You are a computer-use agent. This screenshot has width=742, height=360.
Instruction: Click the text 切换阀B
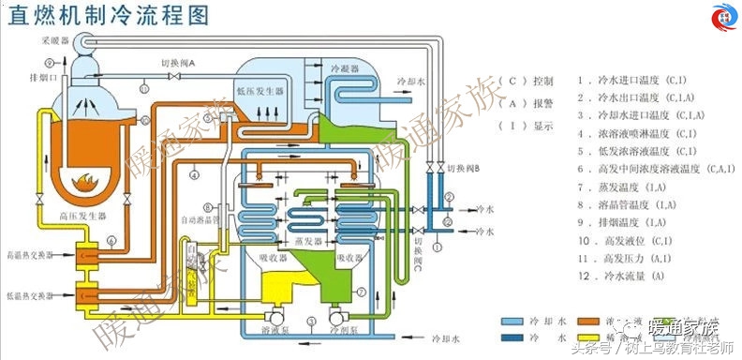pyautogui.click(x=464, y=169)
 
